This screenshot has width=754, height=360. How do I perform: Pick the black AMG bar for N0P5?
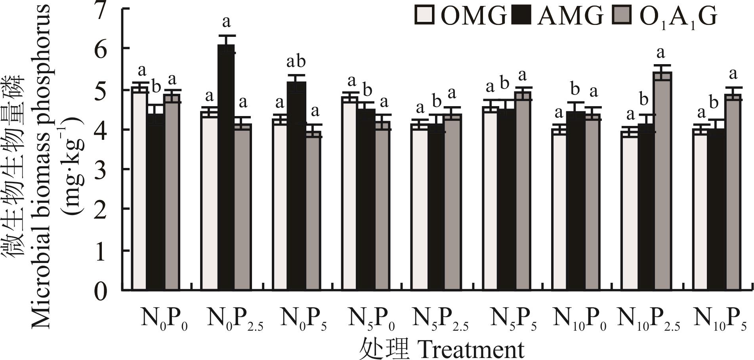point(296,186)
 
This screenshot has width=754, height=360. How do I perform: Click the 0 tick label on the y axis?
point(101,292)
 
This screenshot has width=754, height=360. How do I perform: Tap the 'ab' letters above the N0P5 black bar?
point(296,62)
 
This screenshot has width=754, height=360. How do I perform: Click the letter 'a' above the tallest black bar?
point(226,22)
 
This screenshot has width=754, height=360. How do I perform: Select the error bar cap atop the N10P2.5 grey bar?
point(662,65)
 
